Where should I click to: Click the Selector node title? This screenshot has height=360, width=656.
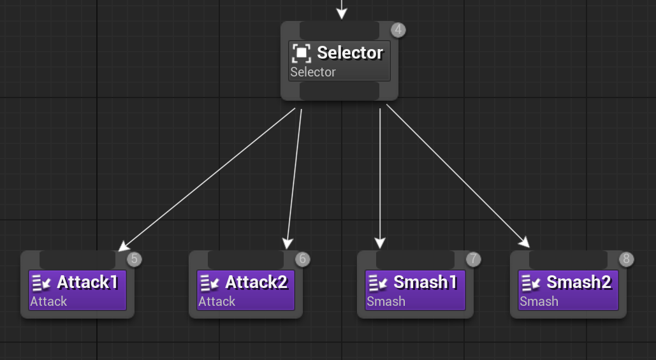pyautogui.click(x=350, y=52)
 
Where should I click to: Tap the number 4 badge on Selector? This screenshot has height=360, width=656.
pyautogui.click(x=398, y=29)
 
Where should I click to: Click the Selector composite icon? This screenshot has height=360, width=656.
pyautogui.click(x=302, y=53)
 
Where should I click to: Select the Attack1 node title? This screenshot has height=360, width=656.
pyautogui.click(x=87, y=282)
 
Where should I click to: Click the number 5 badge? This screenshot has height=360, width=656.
pyautogui.click(x=134, y=259)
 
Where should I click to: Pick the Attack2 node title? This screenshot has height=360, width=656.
pyautogui.click(x=256, y=282)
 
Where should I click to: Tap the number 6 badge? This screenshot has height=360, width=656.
pyautogui.click(x=302, y=259)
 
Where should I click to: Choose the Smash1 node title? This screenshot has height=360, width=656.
pyautogui.click(x=425, y=282)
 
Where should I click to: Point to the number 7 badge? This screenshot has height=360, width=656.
pyautogui.click(x=472, y=259)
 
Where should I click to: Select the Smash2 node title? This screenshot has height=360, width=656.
pyautogui.click(x=578, y=282)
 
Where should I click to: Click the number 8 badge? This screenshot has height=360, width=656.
pyautogui.click(x=626, y=259)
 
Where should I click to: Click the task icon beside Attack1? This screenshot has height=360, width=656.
pyautogui.click(x=41, y=282)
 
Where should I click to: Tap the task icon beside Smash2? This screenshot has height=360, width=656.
pyautogui.click(x=531, y=282)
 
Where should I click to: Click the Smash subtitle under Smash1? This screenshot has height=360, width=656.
pyautogui.click(x=386, y=301)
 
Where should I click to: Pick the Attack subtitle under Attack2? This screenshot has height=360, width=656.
pyautogui.click(x=217, y=301)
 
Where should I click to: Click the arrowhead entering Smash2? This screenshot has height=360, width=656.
pyautogui.click(x=525, y=243)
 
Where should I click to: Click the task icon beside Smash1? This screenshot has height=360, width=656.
pyautogui.click(x=378, y=282)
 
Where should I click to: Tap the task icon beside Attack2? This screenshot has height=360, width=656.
pyautogui.click(x=210, y=282)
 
